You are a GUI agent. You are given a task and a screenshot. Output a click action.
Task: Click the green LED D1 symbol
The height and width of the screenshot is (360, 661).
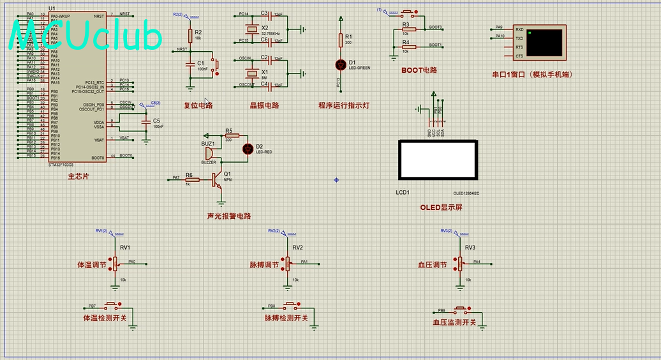(x=340, y=64)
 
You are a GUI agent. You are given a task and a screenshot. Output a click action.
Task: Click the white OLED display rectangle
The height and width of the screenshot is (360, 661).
(x=437, y=160)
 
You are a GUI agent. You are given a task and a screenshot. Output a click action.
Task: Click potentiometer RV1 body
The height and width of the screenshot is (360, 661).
(x=115, y=263)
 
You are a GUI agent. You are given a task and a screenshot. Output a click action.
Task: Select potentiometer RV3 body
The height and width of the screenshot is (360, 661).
(x=459, y=263)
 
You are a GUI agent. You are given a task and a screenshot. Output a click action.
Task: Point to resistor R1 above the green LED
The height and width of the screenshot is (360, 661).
(x=340, y=40)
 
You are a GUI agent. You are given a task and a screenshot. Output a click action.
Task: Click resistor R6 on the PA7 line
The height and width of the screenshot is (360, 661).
(x=189, y=178)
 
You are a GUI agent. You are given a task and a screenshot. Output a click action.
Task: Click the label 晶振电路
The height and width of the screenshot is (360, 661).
(x=264, y=105)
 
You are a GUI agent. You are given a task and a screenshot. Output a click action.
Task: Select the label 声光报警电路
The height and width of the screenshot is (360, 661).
(x=229, y=216)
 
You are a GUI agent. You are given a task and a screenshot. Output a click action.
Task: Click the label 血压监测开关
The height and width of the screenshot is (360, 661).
(x=454, y=322)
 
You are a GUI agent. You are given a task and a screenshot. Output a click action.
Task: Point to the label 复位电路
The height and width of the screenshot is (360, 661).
(x=198, y=105)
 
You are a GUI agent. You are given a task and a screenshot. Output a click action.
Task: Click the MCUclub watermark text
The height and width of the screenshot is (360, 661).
(x=85, y=37)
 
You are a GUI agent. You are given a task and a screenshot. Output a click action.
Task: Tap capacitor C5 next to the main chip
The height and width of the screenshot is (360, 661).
(x=147, y=121)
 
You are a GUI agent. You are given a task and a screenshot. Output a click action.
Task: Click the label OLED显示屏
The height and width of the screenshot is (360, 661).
(x=441, y=207)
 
